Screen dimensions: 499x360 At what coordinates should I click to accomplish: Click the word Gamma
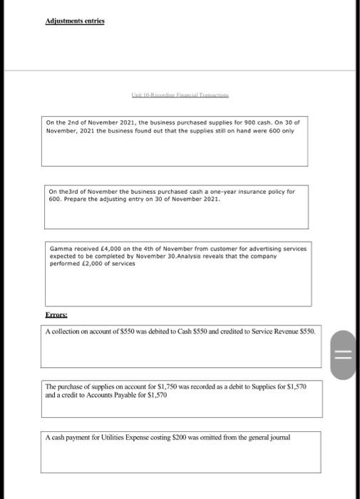coord(59,249)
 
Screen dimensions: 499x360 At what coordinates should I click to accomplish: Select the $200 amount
coord(187,438)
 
